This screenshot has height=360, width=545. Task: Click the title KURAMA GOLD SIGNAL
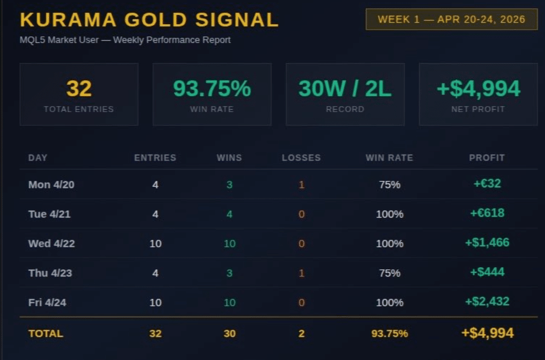[149, 20]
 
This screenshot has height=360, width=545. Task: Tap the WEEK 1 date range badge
[451, 19]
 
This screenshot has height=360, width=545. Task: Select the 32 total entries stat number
[79, 88]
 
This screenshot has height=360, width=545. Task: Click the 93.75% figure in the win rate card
[212, 88]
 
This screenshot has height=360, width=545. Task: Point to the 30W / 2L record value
[345, 88]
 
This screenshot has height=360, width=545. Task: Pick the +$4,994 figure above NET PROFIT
[478, 88]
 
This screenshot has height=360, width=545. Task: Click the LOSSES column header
[301, 158]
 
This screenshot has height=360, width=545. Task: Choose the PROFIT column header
[487, 158]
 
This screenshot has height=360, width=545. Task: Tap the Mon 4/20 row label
[51, 185]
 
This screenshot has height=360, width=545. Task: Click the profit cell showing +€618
[487, 213]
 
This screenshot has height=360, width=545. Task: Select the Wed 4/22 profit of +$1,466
[487, 243]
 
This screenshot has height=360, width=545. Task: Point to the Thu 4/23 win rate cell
[389, 273]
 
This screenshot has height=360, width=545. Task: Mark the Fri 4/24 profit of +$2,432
[487, 302]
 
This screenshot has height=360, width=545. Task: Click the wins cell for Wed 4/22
[229, 243]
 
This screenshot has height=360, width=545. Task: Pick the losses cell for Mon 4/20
[301, 185]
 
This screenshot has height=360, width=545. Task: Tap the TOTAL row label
[46, 334]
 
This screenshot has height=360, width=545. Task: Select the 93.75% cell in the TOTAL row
[389, 334]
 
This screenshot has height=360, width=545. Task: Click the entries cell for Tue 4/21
[155, 214]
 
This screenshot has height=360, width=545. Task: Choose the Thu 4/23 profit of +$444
[487, 272]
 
